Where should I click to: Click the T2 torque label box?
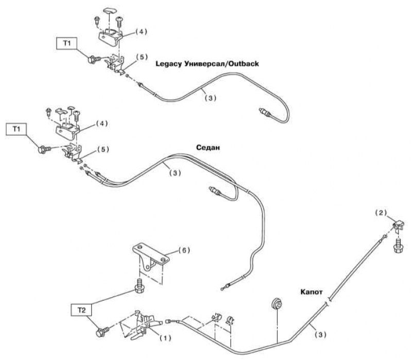(81, 310)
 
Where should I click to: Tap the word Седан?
(208, 148)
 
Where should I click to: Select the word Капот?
(312, 292)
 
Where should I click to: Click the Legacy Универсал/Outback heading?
(208, 64)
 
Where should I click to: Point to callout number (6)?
(184, 250)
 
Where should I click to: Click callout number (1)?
(165, 338)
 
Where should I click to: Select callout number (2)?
(381, 213)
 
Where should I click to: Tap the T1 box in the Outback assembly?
(67, 43)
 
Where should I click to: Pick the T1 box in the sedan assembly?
(16, 129)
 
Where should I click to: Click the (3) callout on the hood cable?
(320, 335)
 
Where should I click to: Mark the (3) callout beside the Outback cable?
(211, 98)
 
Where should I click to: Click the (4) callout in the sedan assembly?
(101, 124)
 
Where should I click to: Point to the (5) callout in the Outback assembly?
(142, 57)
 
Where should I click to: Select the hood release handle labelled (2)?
(398, 226)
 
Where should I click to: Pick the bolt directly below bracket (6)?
(139, 286)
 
